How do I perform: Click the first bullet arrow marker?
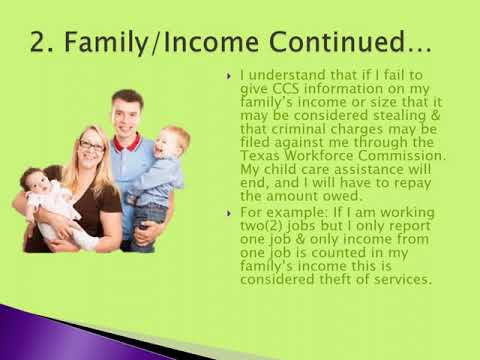point(230,76)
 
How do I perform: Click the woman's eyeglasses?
point(92,146)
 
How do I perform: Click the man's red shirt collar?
point(127,141)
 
